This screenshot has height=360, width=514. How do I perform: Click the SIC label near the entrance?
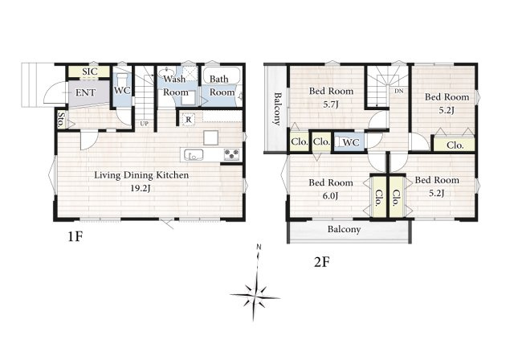tap(90, 72)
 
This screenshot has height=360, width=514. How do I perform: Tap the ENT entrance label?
tap(86, 92)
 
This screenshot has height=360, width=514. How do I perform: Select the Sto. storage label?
tap(61, 120)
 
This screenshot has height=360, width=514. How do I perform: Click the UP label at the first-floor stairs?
tap(145, 124)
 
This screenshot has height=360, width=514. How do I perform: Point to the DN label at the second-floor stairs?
tap(398, 91)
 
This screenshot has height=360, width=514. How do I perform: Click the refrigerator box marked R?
tap(189, 120)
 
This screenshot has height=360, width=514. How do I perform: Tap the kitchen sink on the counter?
tap(194, 154)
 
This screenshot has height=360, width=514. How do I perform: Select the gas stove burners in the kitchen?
tap(232, 154)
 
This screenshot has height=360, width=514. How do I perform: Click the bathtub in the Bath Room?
tap(222, 76)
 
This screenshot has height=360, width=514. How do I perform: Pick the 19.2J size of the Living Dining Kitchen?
tap(141, 188)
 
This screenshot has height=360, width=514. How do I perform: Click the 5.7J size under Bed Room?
tap(331, 104)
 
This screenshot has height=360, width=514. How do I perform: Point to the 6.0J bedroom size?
tap(330, 196)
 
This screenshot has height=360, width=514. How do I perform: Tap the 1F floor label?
tap(75, 236)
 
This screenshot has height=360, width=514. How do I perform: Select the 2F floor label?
tap(321, 262)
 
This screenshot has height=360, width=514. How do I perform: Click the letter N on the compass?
tap(259, 247)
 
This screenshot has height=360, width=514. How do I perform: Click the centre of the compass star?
tap(255, 297)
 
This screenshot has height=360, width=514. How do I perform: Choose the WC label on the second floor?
tap(351, 142)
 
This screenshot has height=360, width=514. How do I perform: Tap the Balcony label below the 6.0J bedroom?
tap(345, 229)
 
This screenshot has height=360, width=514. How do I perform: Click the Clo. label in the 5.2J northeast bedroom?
tap(455, 145)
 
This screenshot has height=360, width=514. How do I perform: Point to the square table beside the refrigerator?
tap(210, 137)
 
